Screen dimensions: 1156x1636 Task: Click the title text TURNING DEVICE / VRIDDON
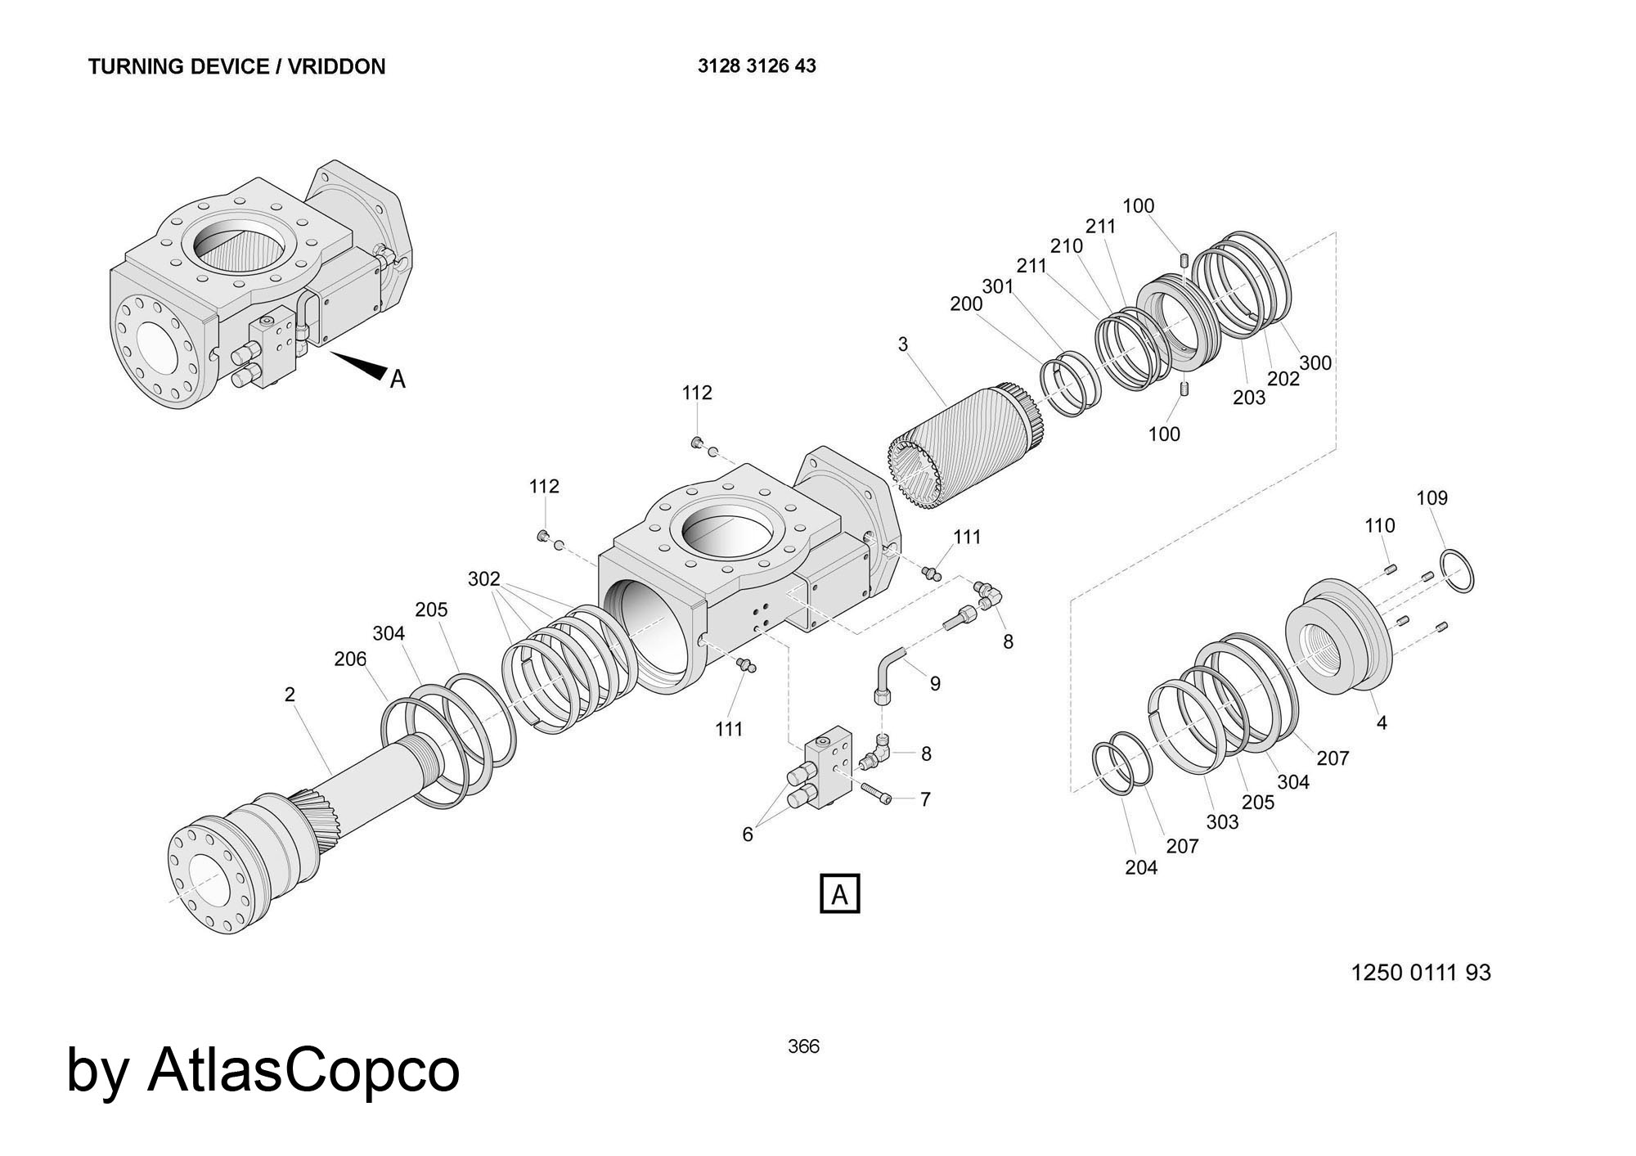pyautogui.click(x=236, y=66)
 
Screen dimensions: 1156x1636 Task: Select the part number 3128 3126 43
pyautogui.click(x=757, y=66)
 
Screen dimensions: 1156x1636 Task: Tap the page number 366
pyautogui.click(x=803, y=1046)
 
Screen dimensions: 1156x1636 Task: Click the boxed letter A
pyautogui.click(x=840, y=893)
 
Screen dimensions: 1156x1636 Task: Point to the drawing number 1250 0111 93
pyautogui.click(x=1421, y=973)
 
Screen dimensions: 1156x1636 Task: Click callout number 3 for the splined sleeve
pyautogui.click(x=902, y=344)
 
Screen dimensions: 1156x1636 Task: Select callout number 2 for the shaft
pyautogui.click(x=290, y=695)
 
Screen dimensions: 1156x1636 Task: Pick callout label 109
pyautogui.click(x=1431, y=498)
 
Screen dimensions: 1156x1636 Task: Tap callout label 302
pyautogui.click(x=483, y=579)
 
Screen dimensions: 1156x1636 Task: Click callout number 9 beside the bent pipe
pyautogui.click(x=935, y=684)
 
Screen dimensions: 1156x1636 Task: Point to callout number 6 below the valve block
pyautogui.click(x=747, y=834)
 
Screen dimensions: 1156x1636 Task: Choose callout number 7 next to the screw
pyautogui.click(x=925, y=799)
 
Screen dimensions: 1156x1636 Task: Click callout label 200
pyautogui.click(x=966, y=304)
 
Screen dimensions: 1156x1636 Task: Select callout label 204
pyautogui.click(x=1141, y=867)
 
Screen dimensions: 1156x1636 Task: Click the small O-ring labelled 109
pyautogui.click(x=1457, y=570)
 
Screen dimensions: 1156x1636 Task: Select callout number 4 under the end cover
pyautogui.click(x=1382, y=723)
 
